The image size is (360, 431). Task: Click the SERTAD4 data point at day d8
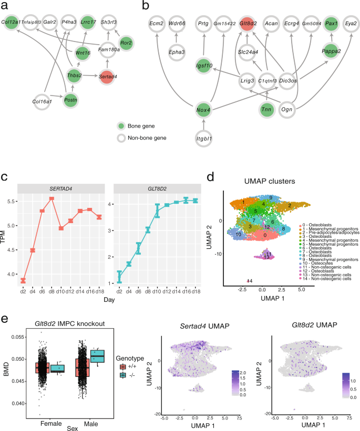[x=51, y=198]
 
